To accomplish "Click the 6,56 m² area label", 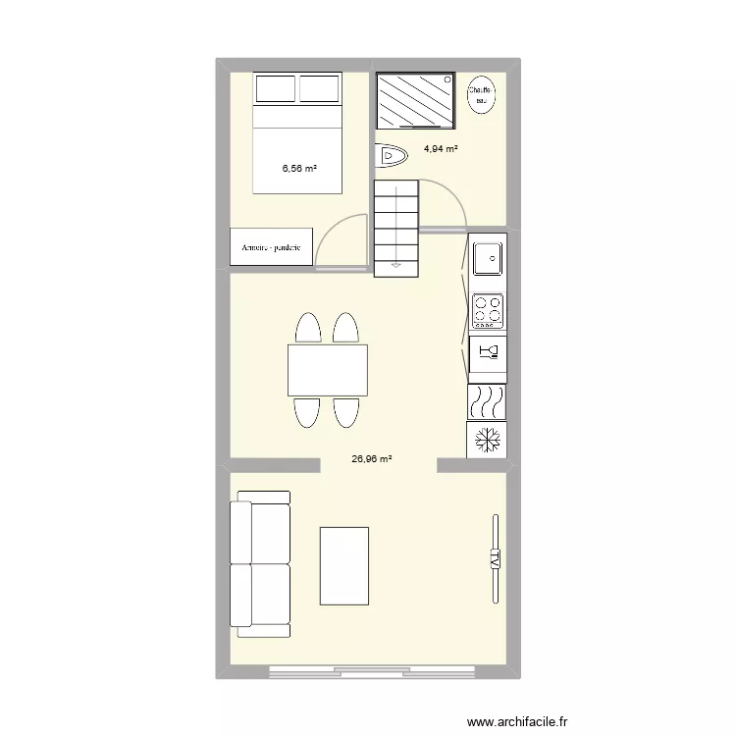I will tap(299, 169).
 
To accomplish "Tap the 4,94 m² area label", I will tap(441, 149).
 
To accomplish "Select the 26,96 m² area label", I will tap(371, 458).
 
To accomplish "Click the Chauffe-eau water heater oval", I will tap(481, 94).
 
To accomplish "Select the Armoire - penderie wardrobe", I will tap(272, 247).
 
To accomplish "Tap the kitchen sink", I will tap(488, 259).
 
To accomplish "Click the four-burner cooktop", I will tap(488, 311).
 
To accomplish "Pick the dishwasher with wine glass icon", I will tap(488, 351).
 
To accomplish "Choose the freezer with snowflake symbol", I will tap(488, 441).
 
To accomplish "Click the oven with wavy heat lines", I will tap(488, 401).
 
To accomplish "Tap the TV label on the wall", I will tap(495, 559).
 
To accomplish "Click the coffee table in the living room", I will tap(344, 567).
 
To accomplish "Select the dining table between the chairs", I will tap(328, 369).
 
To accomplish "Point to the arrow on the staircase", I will tap(395, 263).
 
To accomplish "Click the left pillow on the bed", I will tap(276, 88).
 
